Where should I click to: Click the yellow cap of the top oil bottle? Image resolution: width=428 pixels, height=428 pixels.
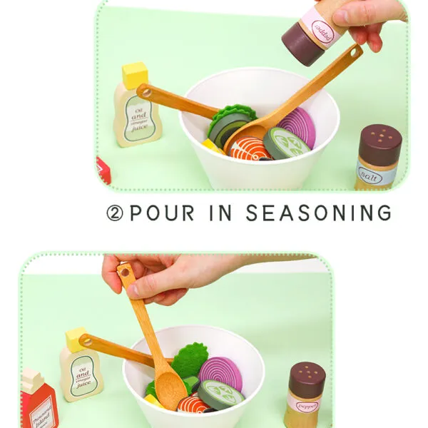pyautogui.click(x=135, y=75)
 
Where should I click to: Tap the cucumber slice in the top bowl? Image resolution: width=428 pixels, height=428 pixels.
pyautogui.click(x=287, y=143)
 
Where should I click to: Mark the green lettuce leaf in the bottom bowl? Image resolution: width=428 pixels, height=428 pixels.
pyautogui.click(x=189, y=361)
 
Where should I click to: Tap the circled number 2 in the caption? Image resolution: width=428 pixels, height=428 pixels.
pyautogui.click(x=115, y=213)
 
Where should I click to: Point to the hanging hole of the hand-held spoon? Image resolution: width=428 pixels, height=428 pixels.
pyautogui.click(x=126, y=272)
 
